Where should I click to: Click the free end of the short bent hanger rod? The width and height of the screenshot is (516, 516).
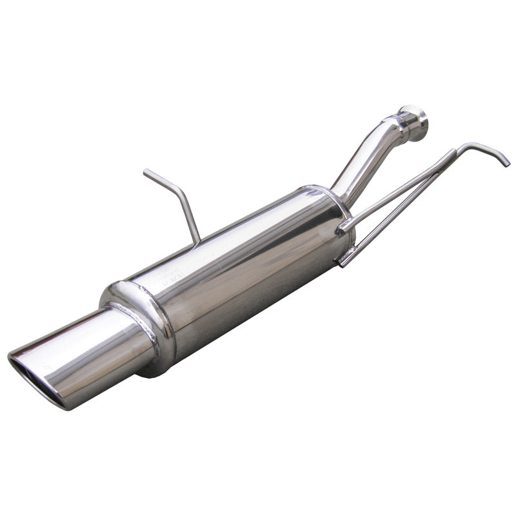click(x=146, y=172)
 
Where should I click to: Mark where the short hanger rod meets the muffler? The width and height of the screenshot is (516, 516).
click(x=195, y=241)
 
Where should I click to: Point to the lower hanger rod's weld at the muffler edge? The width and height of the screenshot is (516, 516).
click(x=342, y=261)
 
